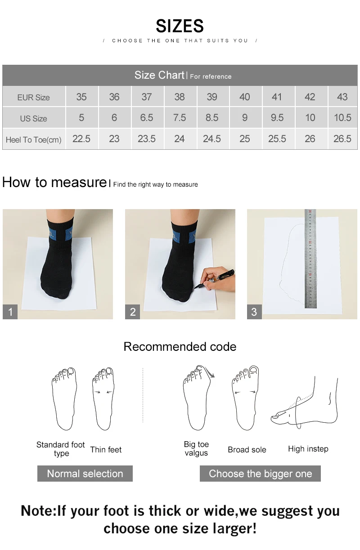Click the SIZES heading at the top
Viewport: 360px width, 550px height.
(x=180, y=26)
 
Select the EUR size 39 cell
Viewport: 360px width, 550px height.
(x=212, y=97)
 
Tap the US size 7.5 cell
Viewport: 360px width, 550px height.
(x=179, y=118)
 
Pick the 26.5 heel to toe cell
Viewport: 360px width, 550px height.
(x=342, y=139)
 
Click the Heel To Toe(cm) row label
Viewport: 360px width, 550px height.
(x=33, y=140)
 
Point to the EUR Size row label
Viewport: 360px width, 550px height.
(x=33, y=97)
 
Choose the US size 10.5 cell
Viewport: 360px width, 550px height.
(x=342, y=118)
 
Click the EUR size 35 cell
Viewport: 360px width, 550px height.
(x=81, y=97)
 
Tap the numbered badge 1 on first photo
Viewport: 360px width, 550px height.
(x=10, y=312)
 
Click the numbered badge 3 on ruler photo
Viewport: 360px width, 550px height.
(x=254, y=312)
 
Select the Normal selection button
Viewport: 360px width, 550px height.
(x=85, y=474)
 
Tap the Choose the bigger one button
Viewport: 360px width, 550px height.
(x=260, y=474)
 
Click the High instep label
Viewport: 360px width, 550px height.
(x=308, y=449)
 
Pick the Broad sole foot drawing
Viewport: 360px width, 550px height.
(x=246, y=398)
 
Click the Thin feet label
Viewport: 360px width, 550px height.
(x=106, y=450)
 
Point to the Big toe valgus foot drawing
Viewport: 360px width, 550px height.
(x=197, y=398)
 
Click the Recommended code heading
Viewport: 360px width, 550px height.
(x=180, y=347)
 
